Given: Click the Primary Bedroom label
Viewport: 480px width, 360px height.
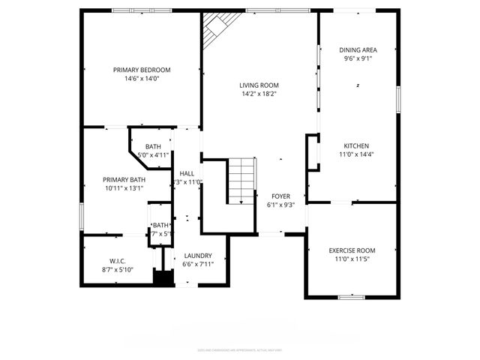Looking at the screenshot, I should (142, 70).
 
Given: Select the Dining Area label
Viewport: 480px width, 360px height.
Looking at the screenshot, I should (358, 49).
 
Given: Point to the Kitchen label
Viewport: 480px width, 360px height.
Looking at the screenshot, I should (356, 145).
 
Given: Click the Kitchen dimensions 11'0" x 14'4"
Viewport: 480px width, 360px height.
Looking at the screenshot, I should (356, 154).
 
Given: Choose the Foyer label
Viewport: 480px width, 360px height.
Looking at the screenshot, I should (280, 196).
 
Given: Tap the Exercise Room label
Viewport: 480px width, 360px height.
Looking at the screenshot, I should (352, 250).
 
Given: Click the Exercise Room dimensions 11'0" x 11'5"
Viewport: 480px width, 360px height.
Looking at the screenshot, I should (352, 259).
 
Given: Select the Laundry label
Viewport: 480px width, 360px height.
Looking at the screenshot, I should (198, 255).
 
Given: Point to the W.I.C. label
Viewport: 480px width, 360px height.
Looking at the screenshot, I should (117, 261).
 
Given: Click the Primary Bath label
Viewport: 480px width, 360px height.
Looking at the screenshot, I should (124, 179).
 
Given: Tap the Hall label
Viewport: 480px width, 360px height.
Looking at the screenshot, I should (187, 173).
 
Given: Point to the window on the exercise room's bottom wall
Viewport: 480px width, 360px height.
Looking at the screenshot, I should (352, 297).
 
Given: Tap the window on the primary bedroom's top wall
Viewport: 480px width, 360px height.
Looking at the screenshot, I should (130, 10).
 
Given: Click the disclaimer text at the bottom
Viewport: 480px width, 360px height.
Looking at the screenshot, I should (240, 349).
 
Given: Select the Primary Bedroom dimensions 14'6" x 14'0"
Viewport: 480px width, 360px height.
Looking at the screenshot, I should (142, 78).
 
